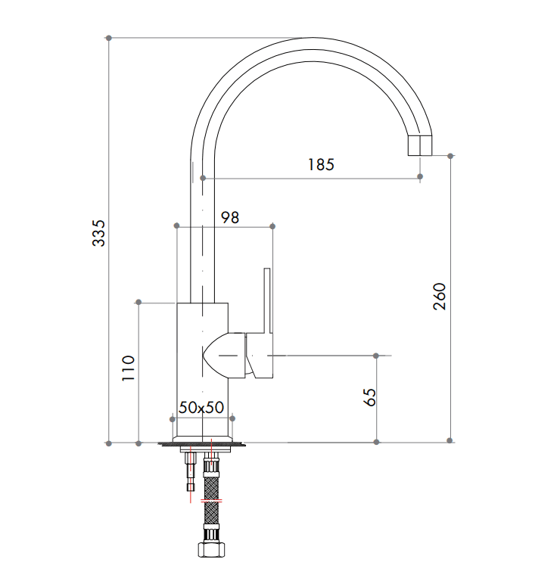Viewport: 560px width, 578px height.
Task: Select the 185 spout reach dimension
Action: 321,164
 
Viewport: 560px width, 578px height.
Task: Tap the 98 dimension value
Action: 230,217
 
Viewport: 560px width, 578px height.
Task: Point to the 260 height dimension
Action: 439,296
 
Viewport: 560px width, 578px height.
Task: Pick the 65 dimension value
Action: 370,397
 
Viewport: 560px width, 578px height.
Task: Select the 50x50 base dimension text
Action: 201,407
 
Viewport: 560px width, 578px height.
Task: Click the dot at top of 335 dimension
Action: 110,37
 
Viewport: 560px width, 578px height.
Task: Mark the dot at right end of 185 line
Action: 421,178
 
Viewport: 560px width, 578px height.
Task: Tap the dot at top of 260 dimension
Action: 450,157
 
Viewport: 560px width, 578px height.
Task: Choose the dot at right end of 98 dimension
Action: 272,226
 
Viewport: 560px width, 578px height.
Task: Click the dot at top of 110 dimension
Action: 138,303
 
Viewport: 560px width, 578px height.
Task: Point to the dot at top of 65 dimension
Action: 376,354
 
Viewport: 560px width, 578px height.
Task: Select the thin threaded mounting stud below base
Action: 189,473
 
